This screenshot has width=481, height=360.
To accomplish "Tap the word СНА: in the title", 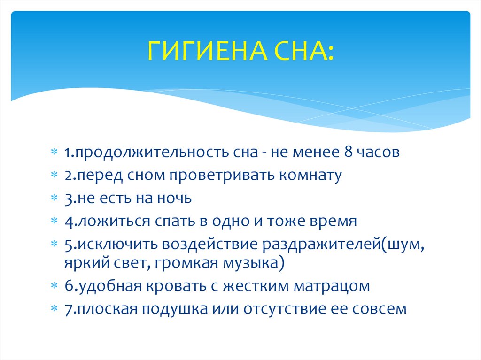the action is coord(304,50).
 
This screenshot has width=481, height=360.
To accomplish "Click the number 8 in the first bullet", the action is coord(348,152).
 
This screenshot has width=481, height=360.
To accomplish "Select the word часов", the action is coord(378,152).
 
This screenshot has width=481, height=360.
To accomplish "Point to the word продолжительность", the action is coord(167,153).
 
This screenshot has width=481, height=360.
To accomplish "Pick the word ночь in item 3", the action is coord(175,198).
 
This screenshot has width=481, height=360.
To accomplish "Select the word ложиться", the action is coord(114,222).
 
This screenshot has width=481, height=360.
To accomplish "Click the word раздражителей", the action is coord(322,245).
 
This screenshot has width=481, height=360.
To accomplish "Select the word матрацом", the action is coord(332,286).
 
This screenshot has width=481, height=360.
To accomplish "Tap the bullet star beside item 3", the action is coord(54,198).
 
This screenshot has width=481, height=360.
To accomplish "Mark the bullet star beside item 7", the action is coord(54,308).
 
